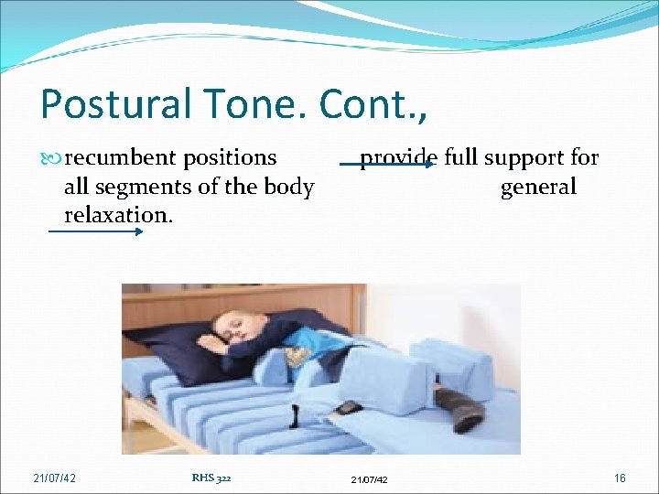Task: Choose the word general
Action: pos(538,188)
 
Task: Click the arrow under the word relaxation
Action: pos(95,231)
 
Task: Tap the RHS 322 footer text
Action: pos(211,477)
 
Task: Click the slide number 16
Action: pos(620,478)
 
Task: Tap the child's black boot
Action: pos(459,409)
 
